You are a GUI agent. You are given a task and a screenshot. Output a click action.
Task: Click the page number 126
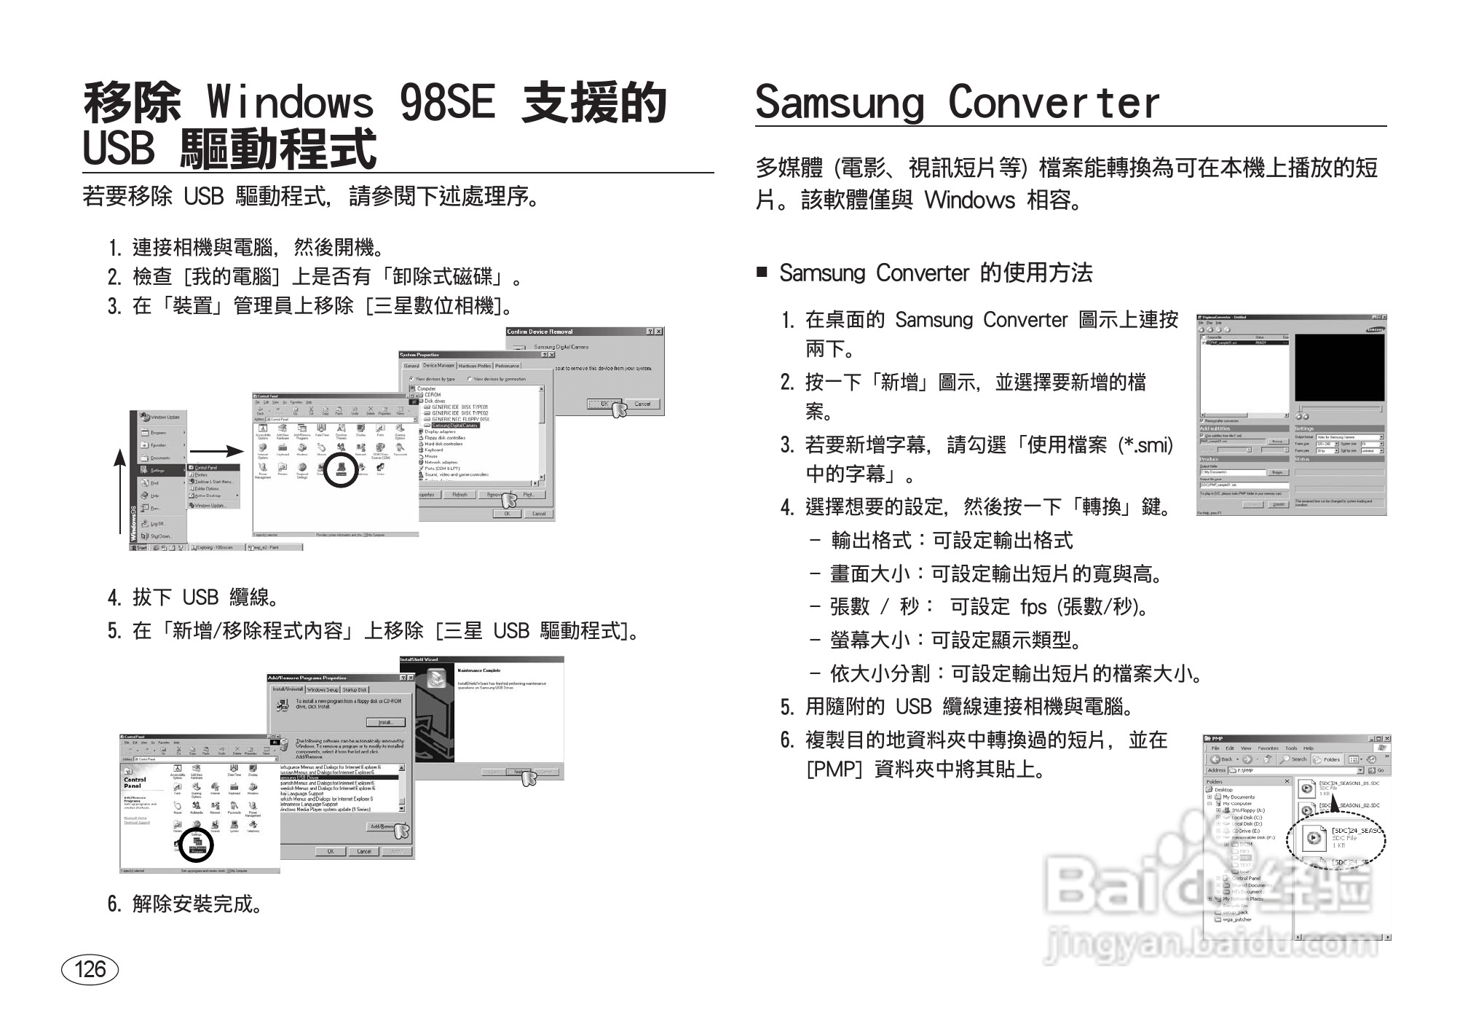pyautogui.click(x=90, y=969)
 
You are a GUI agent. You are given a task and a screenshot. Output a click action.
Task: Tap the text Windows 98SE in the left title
pyautogui.click(x=350, y=103)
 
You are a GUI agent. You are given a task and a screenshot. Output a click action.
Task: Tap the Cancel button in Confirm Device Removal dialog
pyautogui.click(x=642, y=404)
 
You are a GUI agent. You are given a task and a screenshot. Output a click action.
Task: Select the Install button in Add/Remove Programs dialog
pyautogui.click(x=386, y=722)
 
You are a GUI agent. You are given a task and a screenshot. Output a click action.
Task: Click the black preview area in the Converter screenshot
pyautogui.click(x=1339, y=368)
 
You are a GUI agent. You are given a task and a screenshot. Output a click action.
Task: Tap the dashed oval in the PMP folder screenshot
pyautogui.click(x=1335, y=839)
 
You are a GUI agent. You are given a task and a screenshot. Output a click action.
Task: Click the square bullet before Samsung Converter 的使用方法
pyautogui.click(x=762, y=273)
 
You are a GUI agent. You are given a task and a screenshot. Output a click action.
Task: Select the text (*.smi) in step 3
pyautogui.click(x=1145, y=445)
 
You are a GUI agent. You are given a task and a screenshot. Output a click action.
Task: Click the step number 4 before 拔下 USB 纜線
pyautogui.click(x=114, y=598)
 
